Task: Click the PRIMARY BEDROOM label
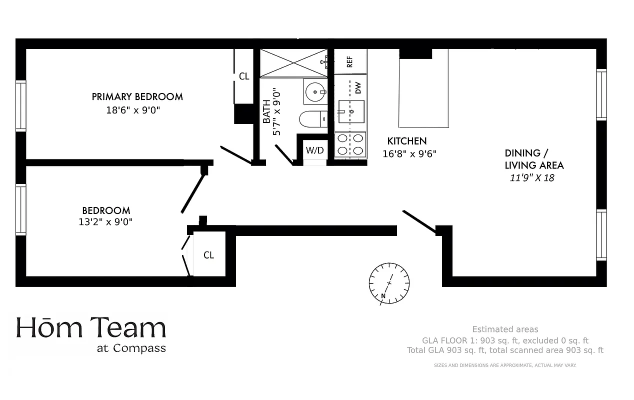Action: coord(137,96)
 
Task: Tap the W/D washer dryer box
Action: coord(314,150)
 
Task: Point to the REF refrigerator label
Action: coord(350,61)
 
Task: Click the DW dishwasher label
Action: coord(358,88)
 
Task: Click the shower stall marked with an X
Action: coord(293,63)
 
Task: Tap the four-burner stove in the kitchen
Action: coord(350,144)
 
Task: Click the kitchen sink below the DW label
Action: coord(351,111)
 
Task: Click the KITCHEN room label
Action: coord(407,141)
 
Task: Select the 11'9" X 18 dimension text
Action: coord(531,177)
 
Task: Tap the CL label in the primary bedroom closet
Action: coord(244,76)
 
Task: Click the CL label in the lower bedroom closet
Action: coord(208,255)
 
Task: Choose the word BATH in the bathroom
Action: coord(266,111)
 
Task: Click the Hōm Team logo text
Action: coord(91,328)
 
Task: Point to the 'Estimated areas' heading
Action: coord(505,329)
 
